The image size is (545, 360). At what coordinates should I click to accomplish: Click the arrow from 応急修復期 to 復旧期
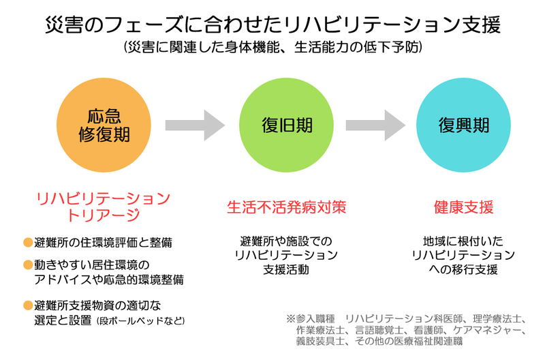coord(196,125)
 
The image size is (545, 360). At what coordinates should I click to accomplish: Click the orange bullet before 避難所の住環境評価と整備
coord(28,242)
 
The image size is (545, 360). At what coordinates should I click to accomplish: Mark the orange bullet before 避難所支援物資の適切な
coord(28,304)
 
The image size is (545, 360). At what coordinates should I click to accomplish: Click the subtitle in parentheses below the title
coord(272,48)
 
